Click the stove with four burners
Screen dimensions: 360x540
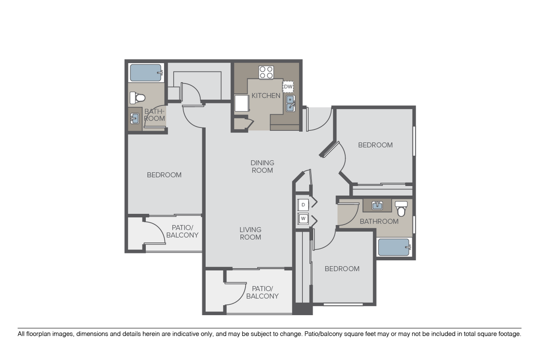click(266, 72)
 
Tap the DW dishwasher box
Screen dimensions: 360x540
click(288, 87)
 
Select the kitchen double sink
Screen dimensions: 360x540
click(290, 104)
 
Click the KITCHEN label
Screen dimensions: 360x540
click(266, 96)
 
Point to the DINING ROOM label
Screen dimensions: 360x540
click(262, 166)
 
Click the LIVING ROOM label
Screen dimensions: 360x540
click(250, 233)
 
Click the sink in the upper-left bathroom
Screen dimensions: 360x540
click(135, 118)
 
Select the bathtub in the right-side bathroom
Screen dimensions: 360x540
click(394, 247)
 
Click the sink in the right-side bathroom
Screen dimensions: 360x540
click(377, 205)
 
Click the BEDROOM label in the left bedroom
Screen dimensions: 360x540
click(164, 175)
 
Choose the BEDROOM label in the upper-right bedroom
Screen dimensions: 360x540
click(375, 145)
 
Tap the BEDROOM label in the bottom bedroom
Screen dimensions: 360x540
click(342, 269)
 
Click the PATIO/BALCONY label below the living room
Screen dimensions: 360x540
click(262, 292)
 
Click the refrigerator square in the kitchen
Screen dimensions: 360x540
click(241, 104)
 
